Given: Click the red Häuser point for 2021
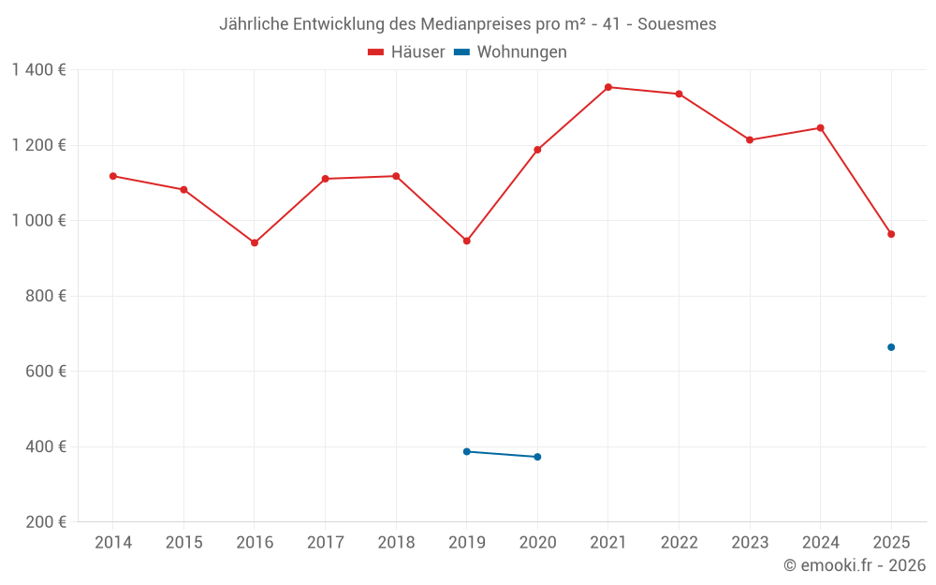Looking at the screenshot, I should pos(608,87).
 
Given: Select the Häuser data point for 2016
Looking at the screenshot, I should pos(255,242).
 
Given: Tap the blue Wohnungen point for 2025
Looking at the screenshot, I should pos(891,347).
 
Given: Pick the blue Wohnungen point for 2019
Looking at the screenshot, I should pos(467,451).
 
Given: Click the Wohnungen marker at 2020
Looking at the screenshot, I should pos(537,457).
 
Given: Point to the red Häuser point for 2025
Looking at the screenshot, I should pos(891,234).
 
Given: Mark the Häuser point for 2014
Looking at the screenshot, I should pos(113,176).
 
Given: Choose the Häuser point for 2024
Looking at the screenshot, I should pos(821,128).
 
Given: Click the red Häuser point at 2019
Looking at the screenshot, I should pos(467,241).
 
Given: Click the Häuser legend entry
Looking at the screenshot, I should pos(407,52).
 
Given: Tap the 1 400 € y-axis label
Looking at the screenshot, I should pos(38,70).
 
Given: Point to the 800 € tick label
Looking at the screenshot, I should pos(47,296).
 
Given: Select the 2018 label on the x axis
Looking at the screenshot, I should pos(396,543).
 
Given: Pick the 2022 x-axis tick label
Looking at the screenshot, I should pos(679,543).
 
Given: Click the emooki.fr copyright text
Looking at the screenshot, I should pos(855,565).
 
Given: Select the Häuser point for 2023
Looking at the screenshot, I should pos(750,139).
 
